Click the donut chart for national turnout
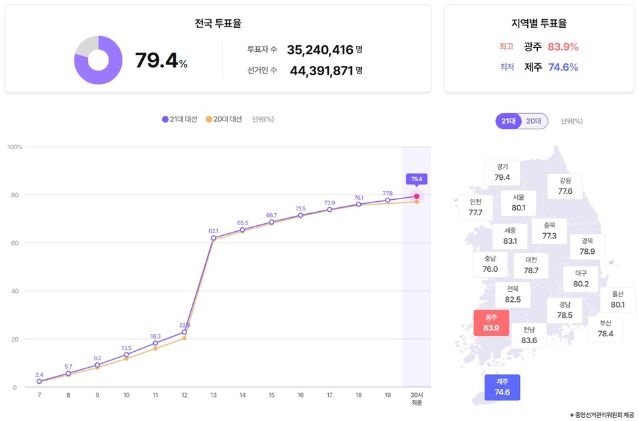(98, 60)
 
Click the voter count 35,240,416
(319, 49)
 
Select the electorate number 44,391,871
(321, 70)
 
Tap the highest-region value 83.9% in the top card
(562, 47)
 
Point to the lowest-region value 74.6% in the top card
(562, 67)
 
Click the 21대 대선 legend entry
(179, 119)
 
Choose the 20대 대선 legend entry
(224, 119)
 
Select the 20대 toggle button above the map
(534, 121)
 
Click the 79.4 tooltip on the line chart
(417, 179)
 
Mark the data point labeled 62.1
(213, 238)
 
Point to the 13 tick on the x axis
(213, 396)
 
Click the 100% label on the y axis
(15, 147)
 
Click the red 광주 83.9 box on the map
(491, 323)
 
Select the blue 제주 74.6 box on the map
(502, 387)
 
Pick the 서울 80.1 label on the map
(519, 203)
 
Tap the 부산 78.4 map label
(605, 328)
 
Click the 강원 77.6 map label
(565, 186)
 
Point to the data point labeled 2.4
(39, 382)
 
